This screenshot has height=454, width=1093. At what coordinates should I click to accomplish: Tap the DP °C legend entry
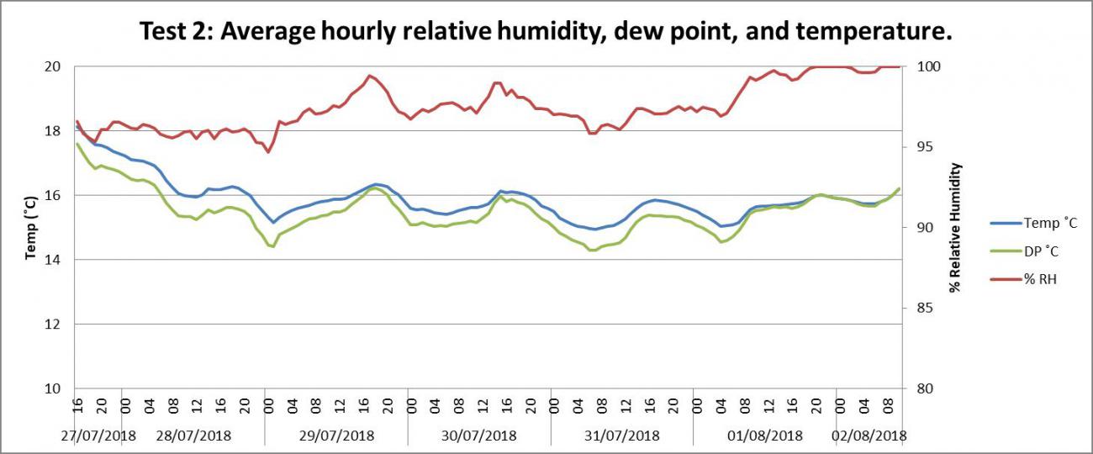tap(1043, 251)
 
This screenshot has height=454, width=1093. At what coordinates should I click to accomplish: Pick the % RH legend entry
tap(1041, 278)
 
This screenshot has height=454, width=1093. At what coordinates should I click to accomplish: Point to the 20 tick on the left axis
tap(52, 66)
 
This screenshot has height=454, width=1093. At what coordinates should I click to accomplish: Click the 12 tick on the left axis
tap(52, 325)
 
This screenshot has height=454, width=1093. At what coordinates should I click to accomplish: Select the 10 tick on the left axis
tap(52, 388)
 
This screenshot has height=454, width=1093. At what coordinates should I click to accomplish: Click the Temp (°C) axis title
tap(31, 227)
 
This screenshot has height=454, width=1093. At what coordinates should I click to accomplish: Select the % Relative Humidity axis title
tap(954, 227)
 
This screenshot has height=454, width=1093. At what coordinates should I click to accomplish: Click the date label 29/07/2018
tap(336, 436)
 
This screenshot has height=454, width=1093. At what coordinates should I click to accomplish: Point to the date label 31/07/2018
tap(622, 436)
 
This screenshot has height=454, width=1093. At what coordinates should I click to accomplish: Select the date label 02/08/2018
tap(869, 436)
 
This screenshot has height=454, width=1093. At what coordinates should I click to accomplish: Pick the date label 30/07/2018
tap(479, 436)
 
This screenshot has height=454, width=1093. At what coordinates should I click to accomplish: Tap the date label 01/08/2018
tap(765, 436)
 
